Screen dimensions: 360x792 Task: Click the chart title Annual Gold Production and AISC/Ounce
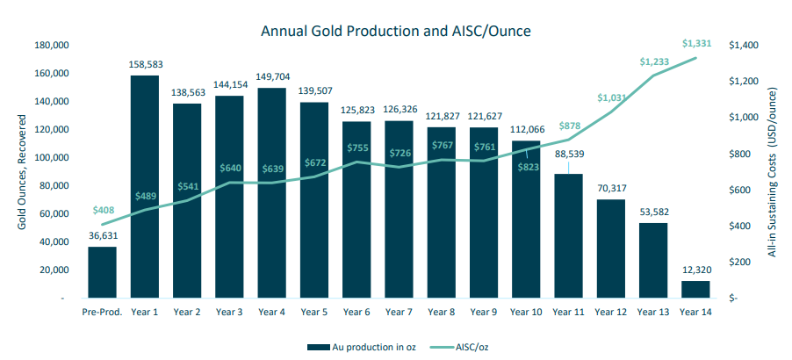[x=396, y=31]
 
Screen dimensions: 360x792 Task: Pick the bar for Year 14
[x=695, y=289]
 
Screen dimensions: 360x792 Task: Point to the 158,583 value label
[x=145, y=65]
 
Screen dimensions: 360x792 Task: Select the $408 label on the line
[x=104, y=211]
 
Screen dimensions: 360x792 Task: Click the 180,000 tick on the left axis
[x=52, y=45]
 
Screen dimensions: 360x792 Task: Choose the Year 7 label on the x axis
[x=399, y=313]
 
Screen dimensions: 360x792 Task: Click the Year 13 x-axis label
[x=653, y=313]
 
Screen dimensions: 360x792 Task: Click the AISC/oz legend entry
[x=460, y=347]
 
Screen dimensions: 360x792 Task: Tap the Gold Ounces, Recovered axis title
[x=22, y=172]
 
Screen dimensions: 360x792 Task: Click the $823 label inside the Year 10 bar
[x=526, y=167]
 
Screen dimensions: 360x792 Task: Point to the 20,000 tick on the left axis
[x=54, y=270]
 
